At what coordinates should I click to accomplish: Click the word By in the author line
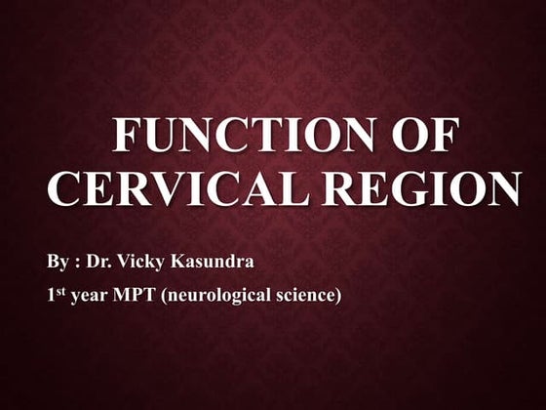(x=57, y=264)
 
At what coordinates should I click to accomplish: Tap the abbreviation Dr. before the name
(x=101, y=264)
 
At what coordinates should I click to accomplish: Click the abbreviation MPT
(x=136, y=296)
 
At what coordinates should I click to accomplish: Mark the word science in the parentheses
(x=306, y=296)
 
